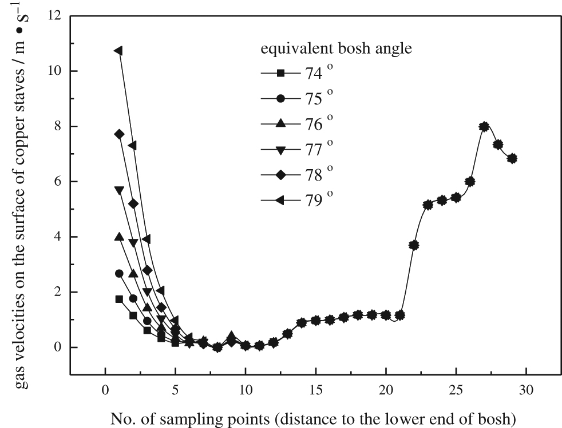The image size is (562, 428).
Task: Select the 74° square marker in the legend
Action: [280, 73]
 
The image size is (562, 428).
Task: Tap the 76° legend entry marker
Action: [280, 123]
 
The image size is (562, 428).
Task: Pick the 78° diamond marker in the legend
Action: [280, 174]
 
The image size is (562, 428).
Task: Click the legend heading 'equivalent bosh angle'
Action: [336, 49]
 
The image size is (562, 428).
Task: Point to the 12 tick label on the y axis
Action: [55, 16]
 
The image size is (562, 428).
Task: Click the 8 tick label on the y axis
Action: [58, 126]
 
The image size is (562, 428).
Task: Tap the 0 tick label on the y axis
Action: [58, 347]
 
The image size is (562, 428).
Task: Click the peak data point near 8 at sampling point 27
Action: [484, 126]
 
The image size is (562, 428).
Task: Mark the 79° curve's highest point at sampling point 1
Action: [119, 51]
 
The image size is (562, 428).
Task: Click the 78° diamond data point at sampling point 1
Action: [119, 134]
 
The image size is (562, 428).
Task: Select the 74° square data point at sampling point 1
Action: [119, 299]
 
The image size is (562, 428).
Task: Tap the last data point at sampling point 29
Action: [512, 158]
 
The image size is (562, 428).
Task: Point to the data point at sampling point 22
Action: [414, 245]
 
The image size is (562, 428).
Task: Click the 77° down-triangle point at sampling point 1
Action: [119, 190]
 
